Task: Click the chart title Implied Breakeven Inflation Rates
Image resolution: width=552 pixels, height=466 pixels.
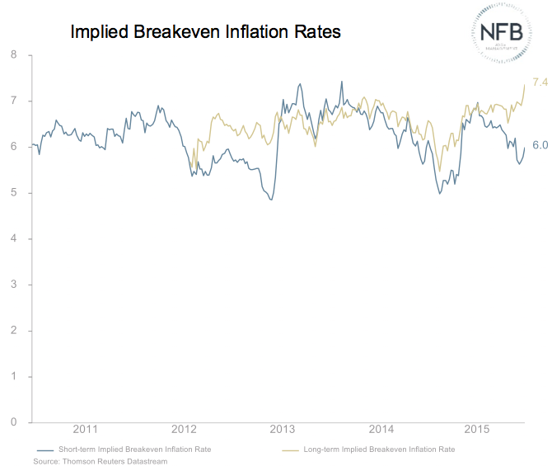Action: (x=205, y=32)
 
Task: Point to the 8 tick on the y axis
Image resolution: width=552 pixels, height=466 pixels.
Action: (x=13, y=55)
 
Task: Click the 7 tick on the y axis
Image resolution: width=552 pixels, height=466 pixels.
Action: (x=13, y=101)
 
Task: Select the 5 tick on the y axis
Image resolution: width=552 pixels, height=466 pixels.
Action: (x=13, y=193)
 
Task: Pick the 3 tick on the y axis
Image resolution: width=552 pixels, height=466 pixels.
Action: (x=13, y=285)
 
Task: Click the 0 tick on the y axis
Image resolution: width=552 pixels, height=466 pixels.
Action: (x=13, y=422)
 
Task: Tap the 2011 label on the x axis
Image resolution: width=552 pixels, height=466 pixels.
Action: (x=85, y=430)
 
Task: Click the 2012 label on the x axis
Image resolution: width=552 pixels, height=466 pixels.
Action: (x=184, y=430)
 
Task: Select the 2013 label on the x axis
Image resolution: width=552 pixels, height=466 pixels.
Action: (x=283, y=430)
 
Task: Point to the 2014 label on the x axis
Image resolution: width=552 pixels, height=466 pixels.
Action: (x=381, y=430)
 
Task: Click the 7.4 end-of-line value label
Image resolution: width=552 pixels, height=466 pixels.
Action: (x=540, y=82)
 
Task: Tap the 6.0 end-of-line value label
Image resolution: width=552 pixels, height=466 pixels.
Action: (x=540, y=146)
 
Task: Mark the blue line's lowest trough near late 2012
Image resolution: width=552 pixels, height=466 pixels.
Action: (x=271, y=200)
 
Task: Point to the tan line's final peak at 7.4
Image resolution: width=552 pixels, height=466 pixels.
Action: (x=525, y=84)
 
